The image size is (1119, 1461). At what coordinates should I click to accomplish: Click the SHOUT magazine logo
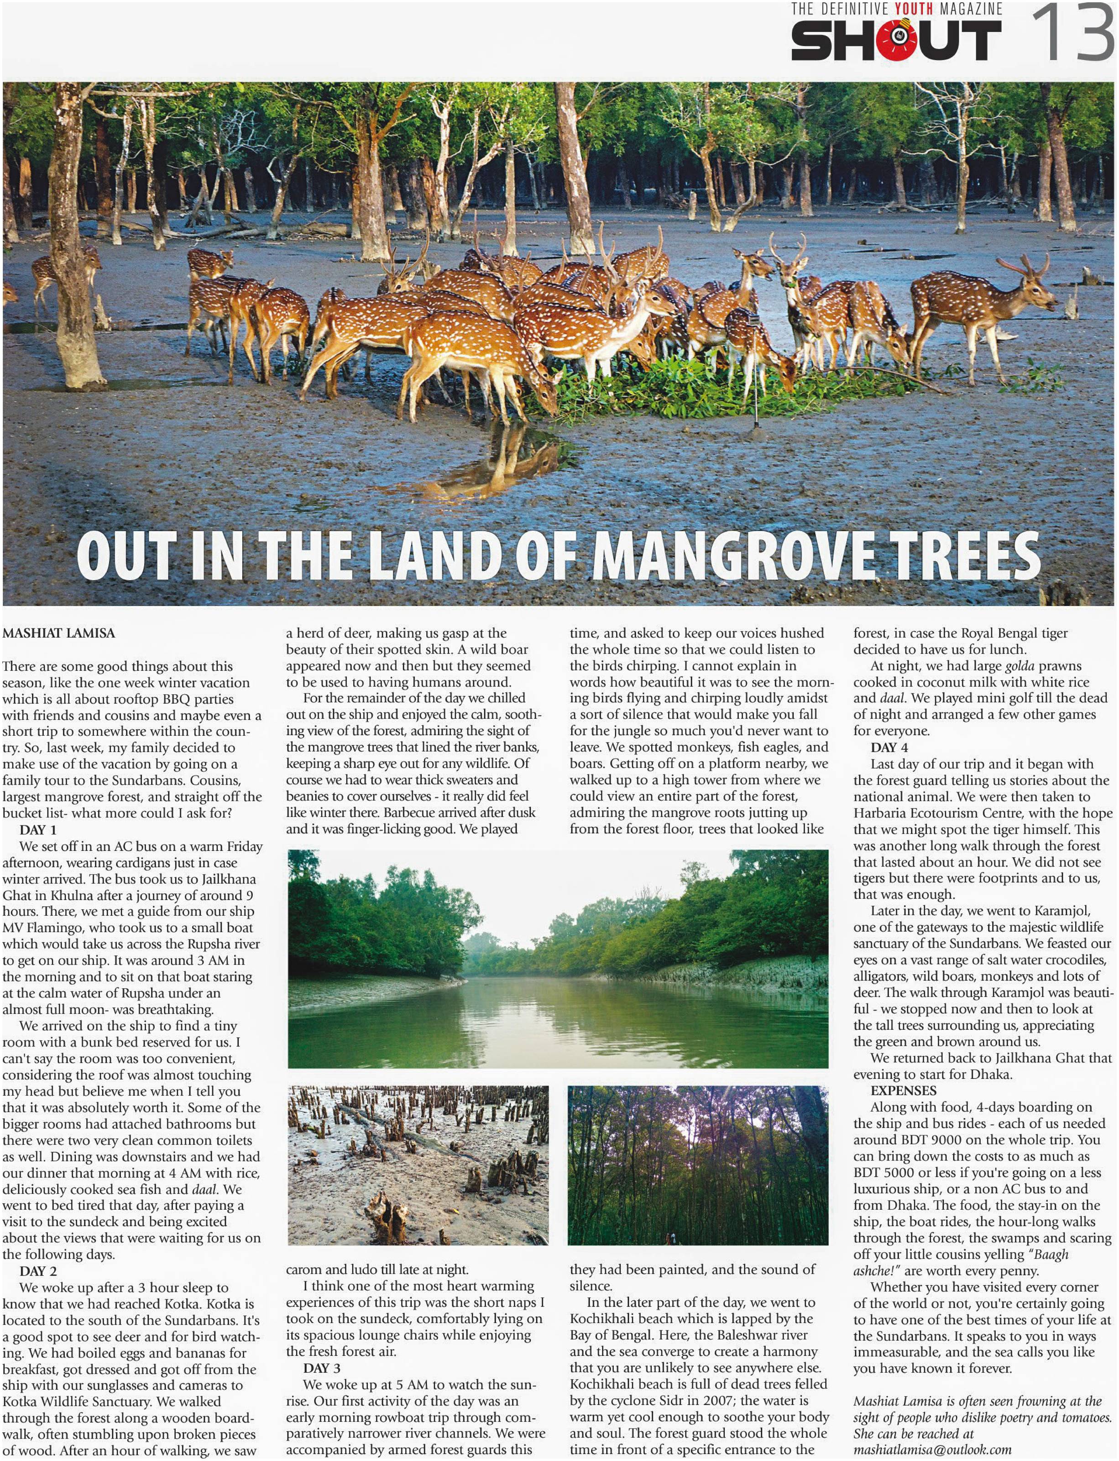pos(895,40)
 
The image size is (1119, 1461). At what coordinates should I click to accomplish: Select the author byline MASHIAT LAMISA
pos(58,633)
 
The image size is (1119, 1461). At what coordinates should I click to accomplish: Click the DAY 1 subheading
pos(38,830)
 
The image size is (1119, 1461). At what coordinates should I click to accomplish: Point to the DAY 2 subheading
pos(38,1271)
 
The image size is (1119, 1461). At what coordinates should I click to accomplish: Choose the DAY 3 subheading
pos(322,1368)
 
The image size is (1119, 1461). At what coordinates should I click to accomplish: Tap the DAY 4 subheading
pos(889,748)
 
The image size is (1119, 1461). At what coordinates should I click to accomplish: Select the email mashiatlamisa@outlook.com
pos(932,1449)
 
